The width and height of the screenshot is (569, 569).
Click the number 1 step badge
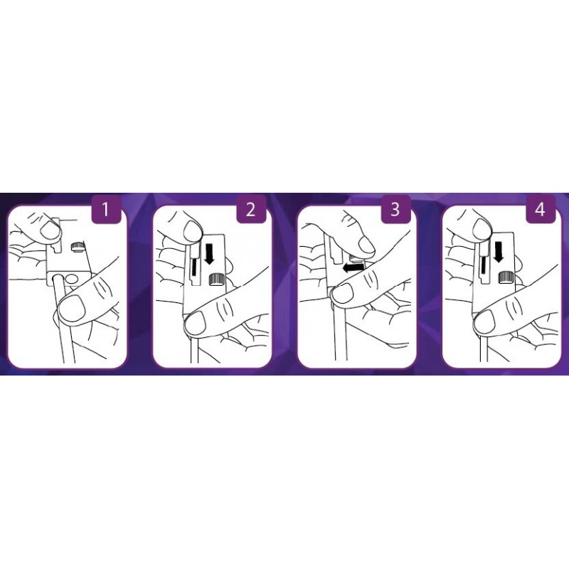(x=105, y=209)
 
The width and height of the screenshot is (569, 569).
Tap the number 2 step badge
(x=250, y=209)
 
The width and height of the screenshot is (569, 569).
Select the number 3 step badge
(x=395, y=209)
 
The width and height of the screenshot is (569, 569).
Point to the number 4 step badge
(x=541, y=209)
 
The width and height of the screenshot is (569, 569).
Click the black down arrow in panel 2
(x=210, y=255)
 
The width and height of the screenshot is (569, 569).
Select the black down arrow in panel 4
(x=499, y=252)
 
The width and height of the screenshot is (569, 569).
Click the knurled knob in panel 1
(x=78, y=247)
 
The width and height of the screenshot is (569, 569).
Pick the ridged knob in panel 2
(x=216, y=280)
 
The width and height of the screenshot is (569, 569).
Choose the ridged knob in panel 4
(x=506, y=277)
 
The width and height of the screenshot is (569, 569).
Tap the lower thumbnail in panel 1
(x=72, y=308)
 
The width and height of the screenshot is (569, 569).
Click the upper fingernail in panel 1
(x=49, y=230)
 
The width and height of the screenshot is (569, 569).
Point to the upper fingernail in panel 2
(x=192, y=231)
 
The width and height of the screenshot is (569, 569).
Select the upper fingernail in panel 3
(x=366, y=243)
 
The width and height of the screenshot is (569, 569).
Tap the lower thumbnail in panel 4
(x=484, y=321)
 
